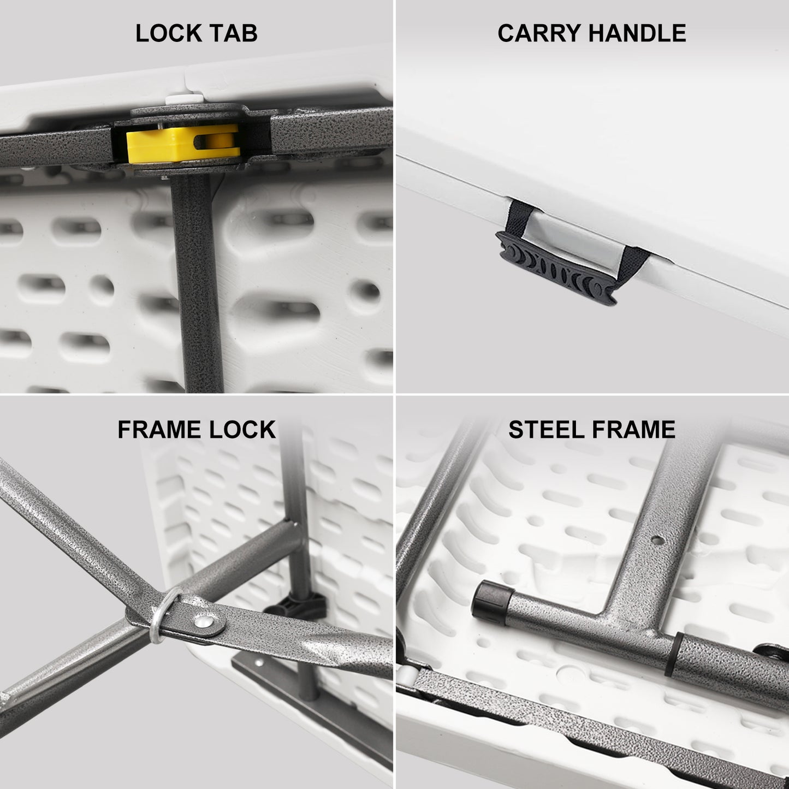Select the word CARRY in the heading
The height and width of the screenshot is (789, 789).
536,33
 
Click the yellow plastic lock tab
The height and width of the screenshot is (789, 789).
182,143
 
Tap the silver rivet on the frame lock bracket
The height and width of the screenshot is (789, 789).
204,622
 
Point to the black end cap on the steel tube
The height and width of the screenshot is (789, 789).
490,602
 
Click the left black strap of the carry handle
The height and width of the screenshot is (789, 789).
519,217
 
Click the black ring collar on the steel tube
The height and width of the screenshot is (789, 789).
674,654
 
